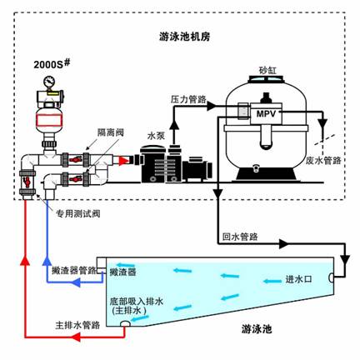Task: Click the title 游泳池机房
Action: tap(185, 37)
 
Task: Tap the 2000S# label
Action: tap(52, 64)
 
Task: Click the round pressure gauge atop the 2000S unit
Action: tap(49, 81)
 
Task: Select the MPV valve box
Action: tap(266, 113)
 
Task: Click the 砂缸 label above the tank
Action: tap(267, 71)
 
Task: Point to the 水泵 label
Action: tap(156, 136)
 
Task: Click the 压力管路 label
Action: tap(188, 99)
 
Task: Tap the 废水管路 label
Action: tap(323, 160)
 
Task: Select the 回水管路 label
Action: tap(240, 237)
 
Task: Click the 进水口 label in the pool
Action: tap(299, 279)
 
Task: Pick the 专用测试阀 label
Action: tap(77, 213)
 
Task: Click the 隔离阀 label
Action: tap(110, 132)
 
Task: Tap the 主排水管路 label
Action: tap(77, 325)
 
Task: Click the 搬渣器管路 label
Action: tap(74, 270)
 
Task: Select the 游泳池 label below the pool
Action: tap(257, 329)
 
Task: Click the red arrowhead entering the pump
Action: tap(124, 161)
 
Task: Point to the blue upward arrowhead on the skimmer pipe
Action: tap(47, 261)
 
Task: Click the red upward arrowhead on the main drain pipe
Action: tap(25, 261)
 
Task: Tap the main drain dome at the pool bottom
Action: tap(126, 323)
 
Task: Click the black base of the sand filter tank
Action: tap(267, 174)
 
